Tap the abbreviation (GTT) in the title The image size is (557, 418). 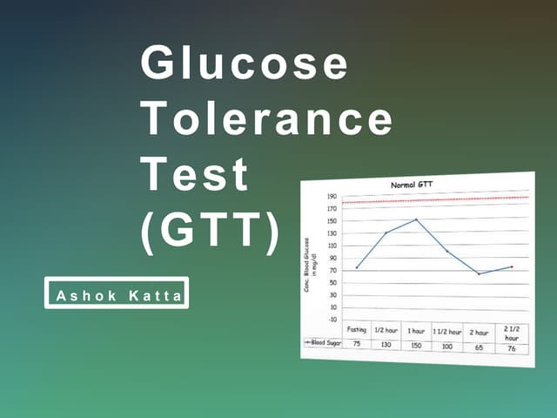click(211, 230)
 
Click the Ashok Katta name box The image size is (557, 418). click(117, 293)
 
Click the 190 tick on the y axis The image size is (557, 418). click(332, 197)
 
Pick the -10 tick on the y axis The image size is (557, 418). click(332, 319)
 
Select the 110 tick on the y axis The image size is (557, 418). click(332, 246)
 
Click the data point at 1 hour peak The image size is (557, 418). click(417, 219)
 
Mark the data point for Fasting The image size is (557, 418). click(357, 267)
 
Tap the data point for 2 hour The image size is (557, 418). click(478, 273)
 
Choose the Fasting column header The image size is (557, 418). click(356, 330)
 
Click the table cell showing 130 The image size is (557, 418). click(386, 345)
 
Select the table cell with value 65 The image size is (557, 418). click(480, 347)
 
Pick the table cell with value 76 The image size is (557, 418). click(511, 348)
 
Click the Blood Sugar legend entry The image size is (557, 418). click(323, 343)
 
